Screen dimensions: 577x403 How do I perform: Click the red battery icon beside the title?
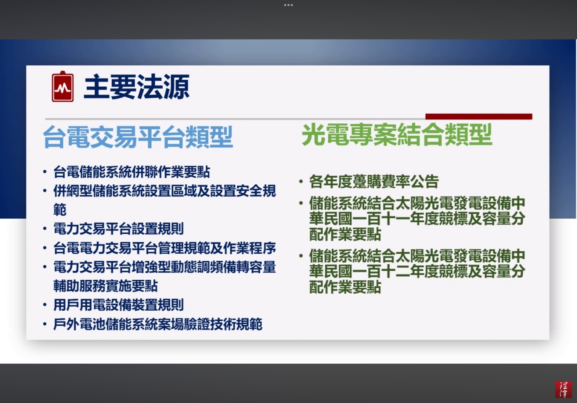click(x=63, y=86)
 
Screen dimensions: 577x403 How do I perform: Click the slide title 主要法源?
click(x=136, y=87)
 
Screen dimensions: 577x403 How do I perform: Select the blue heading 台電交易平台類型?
click(x=138, y=137)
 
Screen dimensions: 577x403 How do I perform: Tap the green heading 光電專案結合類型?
click(x=397, y=135)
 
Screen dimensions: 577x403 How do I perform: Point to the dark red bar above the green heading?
click(x=479, y=116)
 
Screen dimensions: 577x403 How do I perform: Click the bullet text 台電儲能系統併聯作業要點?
click(x=132, y=172)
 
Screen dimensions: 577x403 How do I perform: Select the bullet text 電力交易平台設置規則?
click(x=118, y=228)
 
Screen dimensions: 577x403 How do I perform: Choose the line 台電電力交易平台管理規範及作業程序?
click(x=165, y=248)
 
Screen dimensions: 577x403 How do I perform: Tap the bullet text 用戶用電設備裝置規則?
click(x=118, y=305)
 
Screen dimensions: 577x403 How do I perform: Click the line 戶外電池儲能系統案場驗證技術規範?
click(x=158, y=324)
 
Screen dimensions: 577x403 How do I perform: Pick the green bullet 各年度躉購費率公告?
click(x=374, y=181)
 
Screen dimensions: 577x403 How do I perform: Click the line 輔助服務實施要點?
click(x=106, y=286)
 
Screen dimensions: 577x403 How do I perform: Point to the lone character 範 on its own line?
click(x=60, y=209)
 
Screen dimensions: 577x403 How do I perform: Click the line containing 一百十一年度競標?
click(x=417, y=219)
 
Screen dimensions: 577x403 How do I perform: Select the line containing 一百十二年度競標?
click(x=417, y=271)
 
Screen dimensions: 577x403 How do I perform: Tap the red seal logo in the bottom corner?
click(x=563, y=389)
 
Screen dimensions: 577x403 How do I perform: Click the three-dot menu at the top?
click(x=288, y=5)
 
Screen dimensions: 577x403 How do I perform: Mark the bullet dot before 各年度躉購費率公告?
click(x=301, y=181)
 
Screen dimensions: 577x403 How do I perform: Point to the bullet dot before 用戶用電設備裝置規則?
click(x=45, y=305)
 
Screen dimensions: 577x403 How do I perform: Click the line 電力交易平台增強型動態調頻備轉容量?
click(x=165, y=267)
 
